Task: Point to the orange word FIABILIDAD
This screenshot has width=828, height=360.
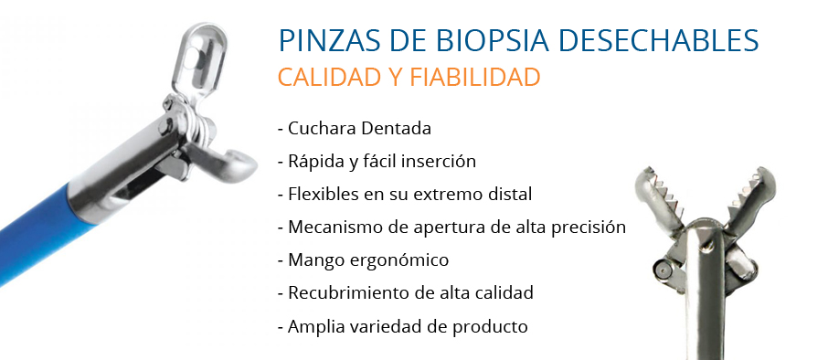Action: click(x=474, y=77)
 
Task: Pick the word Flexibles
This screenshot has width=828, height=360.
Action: click(x=322, y=194)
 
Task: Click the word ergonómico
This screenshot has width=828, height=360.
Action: click(x=401, y=260)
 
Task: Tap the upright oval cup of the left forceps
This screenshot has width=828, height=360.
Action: click(x=199, y=59)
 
